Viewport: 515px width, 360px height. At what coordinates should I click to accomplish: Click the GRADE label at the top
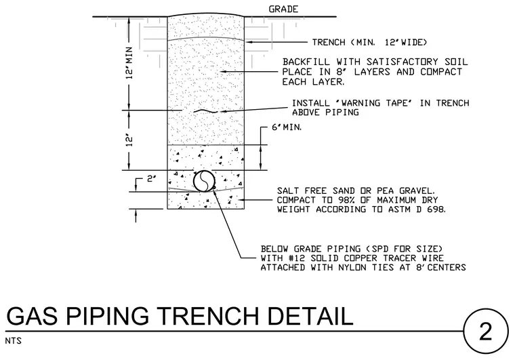(x=283, y=9)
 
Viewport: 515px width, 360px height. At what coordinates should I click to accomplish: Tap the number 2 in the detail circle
(x=485, y=331)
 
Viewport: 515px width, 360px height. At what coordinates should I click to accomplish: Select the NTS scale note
(x=13, y=341)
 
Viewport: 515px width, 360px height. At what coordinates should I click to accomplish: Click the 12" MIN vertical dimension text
(x=129, y=63)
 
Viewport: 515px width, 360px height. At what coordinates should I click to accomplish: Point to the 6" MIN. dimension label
(x=287, y=127)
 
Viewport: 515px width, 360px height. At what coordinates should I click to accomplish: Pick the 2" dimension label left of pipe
(x=151, y=179)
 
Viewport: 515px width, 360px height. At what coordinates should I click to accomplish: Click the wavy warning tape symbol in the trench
(x=206, y=111)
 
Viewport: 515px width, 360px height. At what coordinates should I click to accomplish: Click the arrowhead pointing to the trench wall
(x=249, y=42)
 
